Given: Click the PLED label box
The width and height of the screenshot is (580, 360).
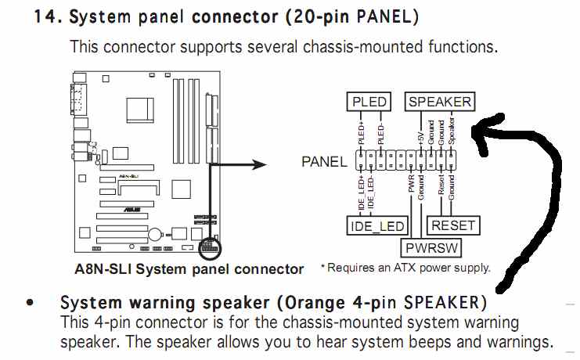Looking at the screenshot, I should pos(369,102).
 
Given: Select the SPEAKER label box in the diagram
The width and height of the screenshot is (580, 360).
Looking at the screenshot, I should pos(439,102).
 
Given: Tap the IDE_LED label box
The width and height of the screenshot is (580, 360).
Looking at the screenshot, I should pos(376,226).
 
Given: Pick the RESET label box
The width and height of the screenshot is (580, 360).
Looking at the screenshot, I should pos(453,226).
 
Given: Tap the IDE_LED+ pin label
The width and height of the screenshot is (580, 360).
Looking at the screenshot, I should pos(361,195).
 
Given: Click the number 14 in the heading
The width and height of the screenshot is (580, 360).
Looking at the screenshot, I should pos(46,16).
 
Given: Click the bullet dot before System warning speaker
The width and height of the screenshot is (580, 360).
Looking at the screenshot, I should pos(31,302).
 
